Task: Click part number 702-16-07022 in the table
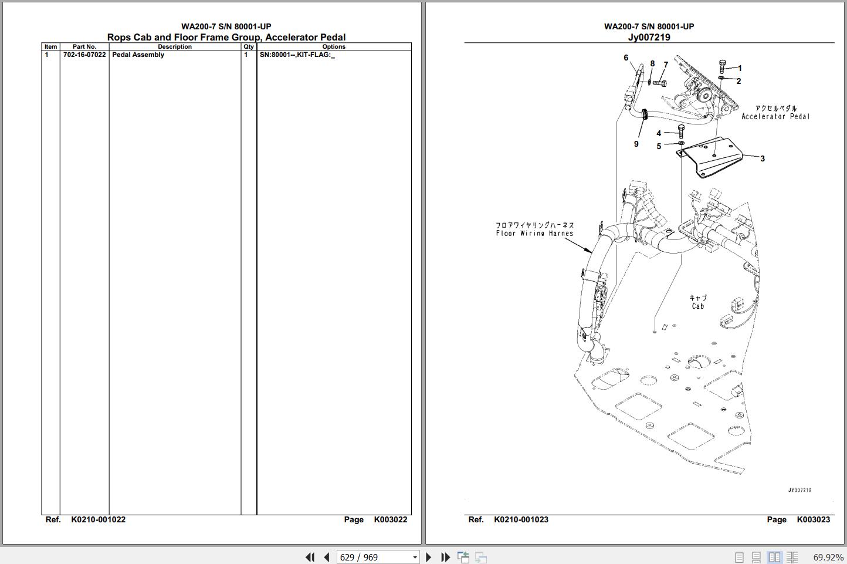(84, 55)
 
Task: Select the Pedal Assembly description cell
(138, 55)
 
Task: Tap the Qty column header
(249, 46)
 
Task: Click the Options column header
(334, 46)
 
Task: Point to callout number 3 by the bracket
(763, 158)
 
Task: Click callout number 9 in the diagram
(636, 144)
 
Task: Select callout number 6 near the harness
(626, 58)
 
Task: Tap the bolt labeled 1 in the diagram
(722, 66)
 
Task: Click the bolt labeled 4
(681, 131)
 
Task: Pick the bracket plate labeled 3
(709, 157)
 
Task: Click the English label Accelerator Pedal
(775, 117)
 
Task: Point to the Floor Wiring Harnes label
(534, 234)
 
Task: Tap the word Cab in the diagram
(697, 306)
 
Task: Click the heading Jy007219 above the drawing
(649, 37)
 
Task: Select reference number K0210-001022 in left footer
(99, 520)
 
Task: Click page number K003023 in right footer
(814, 520)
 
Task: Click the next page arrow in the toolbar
(428, 557)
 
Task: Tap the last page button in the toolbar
(445, 557)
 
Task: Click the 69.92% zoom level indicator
(828, 558)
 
